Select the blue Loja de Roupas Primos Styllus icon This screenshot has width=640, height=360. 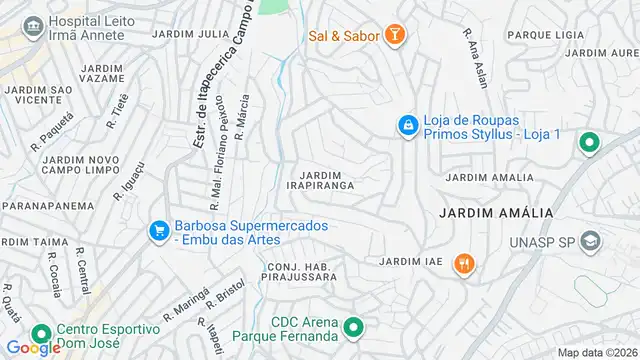tap(407, 125)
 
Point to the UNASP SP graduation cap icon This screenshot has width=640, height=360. tap(592, 241)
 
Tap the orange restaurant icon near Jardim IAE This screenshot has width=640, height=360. tap(463, 263)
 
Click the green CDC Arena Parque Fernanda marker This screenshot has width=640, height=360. tap(353, 327)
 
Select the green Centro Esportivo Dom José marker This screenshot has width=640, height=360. tap(41, 334)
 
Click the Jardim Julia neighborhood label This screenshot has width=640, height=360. tap(190, 33)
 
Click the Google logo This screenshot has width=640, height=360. tap(33, 348)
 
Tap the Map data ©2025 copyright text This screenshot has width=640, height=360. tap(596, 352)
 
